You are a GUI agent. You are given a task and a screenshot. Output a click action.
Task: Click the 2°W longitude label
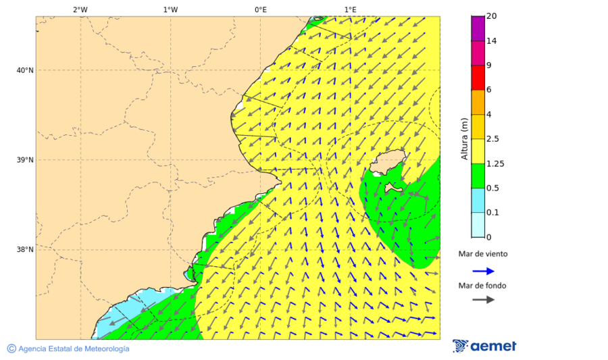[80, 9]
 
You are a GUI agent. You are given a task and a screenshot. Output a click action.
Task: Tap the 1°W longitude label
[170, 9]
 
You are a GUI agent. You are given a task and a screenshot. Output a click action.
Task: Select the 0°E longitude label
[260, 9]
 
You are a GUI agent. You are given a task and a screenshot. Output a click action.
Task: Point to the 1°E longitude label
[351, 9]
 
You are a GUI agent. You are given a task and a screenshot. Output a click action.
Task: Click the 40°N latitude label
[25, 70]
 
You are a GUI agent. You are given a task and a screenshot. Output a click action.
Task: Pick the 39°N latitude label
[25, 160]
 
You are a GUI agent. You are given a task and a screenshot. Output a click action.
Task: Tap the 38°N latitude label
[25, 250]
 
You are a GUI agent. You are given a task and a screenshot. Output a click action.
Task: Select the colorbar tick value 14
[491, 41]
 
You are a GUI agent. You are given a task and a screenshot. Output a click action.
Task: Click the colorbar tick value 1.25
[495, 163]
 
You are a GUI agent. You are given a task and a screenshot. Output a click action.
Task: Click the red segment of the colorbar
[478, 78]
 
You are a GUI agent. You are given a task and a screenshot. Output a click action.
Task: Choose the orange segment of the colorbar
[478, 102]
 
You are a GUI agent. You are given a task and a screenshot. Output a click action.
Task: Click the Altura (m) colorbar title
[464, 138]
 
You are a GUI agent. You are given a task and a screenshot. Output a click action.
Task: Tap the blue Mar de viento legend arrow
[483, 271]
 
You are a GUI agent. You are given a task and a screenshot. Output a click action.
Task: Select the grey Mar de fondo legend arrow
[483, 300]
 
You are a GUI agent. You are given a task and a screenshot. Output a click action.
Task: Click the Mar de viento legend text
[482, 254]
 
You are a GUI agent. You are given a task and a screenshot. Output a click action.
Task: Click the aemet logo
[484, 346]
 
